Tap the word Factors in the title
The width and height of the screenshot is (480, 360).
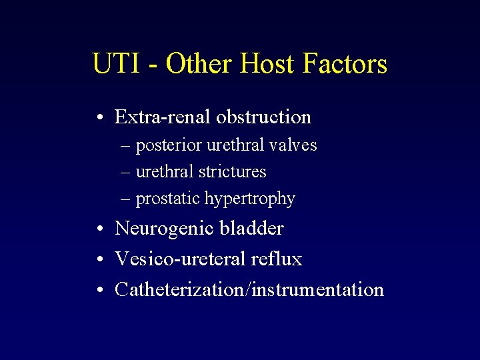click(345, 64)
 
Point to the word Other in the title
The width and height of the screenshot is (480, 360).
click(199, 64)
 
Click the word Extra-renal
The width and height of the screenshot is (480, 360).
click(161, 117)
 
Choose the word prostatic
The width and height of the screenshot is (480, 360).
click(168, 199)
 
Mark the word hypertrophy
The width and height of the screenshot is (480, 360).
click(250, 199)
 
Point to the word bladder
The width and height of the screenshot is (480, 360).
click(252, 228)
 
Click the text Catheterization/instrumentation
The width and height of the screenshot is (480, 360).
click(249, 289)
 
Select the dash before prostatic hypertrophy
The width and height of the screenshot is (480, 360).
click(125, 199)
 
